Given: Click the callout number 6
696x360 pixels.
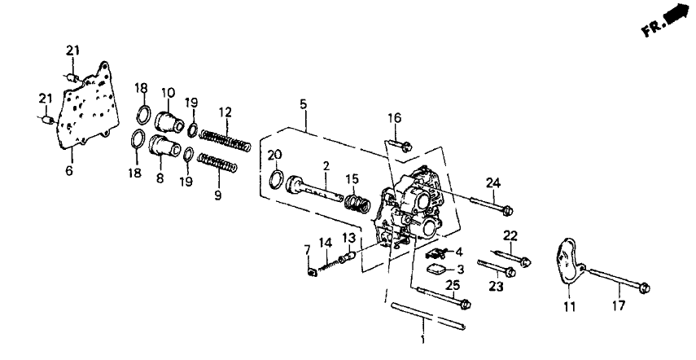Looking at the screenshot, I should tap(68, 171).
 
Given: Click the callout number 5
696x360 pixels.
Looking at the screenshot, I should tap(303, 104).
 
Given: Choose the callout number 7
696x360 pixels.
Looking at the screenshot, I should tap(307, 248).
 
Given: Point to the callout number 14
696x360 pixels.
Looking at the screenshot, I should tap(325, 242).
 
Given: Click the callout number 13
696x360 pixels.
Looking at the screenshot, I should tap(347, 236).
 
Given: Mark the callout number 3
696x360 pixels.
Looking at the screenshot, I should tap(459, 269).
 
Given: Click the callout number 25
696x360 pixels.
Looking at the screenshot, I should tap(454, 285).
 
